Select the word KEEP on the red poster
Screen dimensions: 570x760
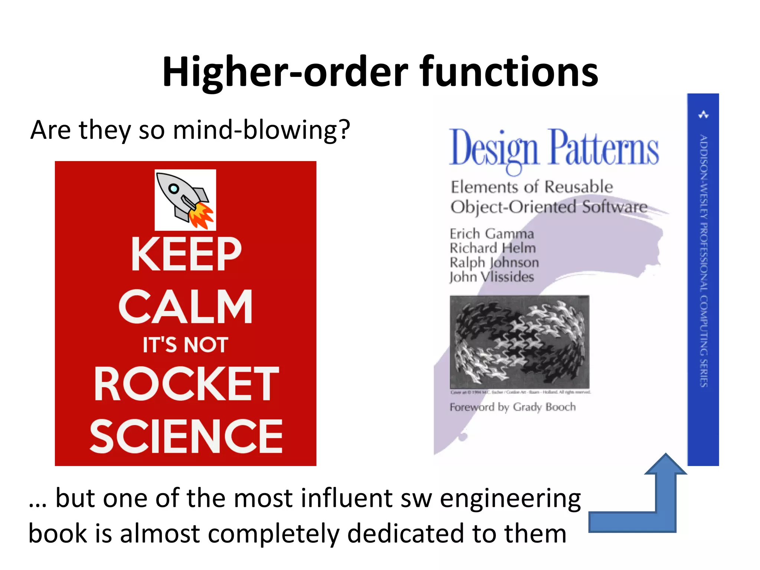tap(186, 254)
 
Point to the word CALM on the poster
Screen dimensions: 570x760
tap(186, 307)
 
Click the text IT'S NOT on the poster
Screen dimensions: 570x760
tap(186, 345)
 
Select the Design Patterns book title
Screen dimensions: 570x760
tap(554, 148)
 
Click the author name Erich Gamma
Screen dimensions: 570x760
tap(492, 234)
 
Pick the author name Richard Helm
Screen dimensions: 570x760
tap(493, 248)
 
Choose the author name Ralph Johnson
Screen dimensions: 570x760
tap(494, 262)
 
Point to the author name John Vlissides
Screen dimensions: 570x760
tap(492, 277)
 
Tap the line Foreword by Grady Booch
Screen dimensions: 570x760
tap(513, 407)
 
